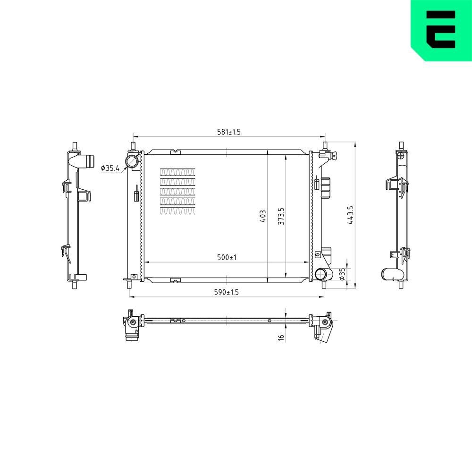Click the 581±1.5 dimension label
tap(228, 132)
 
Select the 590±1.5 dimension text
tap(227, 293)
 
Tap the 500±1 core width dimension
tap(227, 258)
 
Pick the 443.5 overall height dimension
tap(350, 215)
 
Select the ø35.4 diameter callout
tap(110, 167)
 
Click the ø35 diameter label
tap(343, 273)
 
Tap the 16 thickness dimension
tap(281, 337)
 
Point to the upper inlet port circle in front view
tap(132, 162)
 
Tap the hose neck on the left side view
tap(85, 161)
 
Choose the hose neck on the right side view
tap(392, 274)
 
